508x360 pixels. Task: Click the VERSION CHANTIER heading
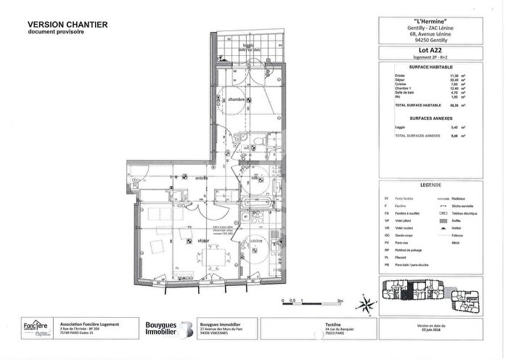[x=68, y=25]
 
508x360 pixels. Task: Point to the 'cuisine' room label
[x=256, y=240]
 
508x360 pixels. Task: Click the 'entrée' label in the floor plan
[x=201, y=178]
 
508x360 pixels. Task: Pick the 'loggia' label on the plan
[x=248, y=46]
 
